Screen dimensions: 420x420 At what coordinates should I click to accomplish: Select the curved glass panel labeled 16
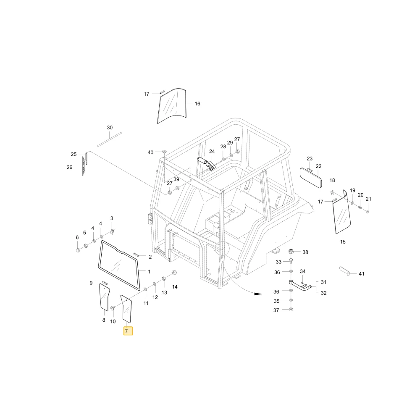(171, 106)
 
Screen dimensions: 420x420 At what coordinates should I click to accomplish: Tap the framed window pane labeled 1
(119, 265)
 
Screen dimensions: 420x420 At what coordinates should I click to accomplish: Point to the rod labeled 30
(110, 139)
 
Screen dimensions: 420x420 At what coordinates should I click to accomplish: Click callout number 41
(361, 274)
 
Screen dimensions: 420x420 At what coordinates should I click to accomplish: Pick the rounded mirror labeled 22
(311, 178)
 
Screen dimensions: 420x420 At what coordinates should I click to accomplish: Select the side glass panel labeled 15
(342, 212)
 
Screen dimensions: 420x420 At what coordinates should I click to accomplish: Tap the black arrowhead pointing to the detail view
(258, 294)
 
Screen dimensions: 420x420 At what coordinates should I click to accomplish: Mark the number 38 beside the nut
(305, 252)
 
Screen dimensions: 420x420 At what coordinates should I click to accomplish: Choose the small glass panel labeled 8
(104, 297)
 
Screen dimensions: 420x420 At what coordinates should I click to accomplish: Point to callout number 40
(150, 152)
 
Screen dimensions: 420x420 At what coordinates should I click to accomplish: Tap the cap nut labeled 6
(78, 250)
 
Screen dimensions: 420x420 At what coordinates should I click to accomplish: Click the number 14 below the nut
(175, 287)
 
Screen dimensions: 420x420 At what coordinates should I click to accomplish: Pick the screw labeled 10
(113, 309)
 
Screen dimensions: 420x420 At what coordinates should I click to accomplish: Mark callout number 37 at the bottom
(276, 310)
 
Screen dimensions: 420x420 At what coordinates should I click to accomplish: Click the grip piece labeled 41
(344, 271)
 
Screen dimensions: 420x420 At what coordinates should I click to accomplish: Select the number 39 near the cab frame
(176, 179)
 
